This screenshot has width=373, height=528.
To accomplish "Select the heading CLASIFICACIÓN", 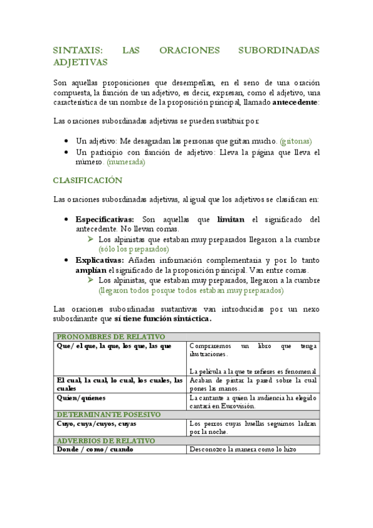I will point(87,180).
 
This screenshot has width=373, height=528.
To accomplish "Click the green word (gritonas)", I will point(296,141).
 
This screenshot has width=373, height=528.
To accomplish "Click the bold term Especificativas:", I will point(105,219).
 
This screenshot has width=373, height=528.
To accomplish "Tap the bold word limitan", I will point(230,219).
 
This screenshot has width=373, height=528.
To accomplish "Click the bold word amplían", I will point(91,270).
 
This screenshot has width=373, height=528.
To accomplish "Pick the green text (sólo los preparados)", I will point(133,249).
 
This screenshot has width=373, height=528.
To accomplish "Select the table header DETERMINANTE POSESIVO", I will point(108,414).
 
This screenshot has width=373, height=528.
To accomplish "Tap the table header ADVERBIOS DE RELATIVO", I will point(105,440).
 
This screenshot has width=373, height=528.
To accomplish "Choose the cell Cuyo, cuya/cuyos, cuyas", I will point(96,423).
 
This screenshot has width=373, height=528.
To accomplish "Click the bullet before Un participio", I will point(67,152).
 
